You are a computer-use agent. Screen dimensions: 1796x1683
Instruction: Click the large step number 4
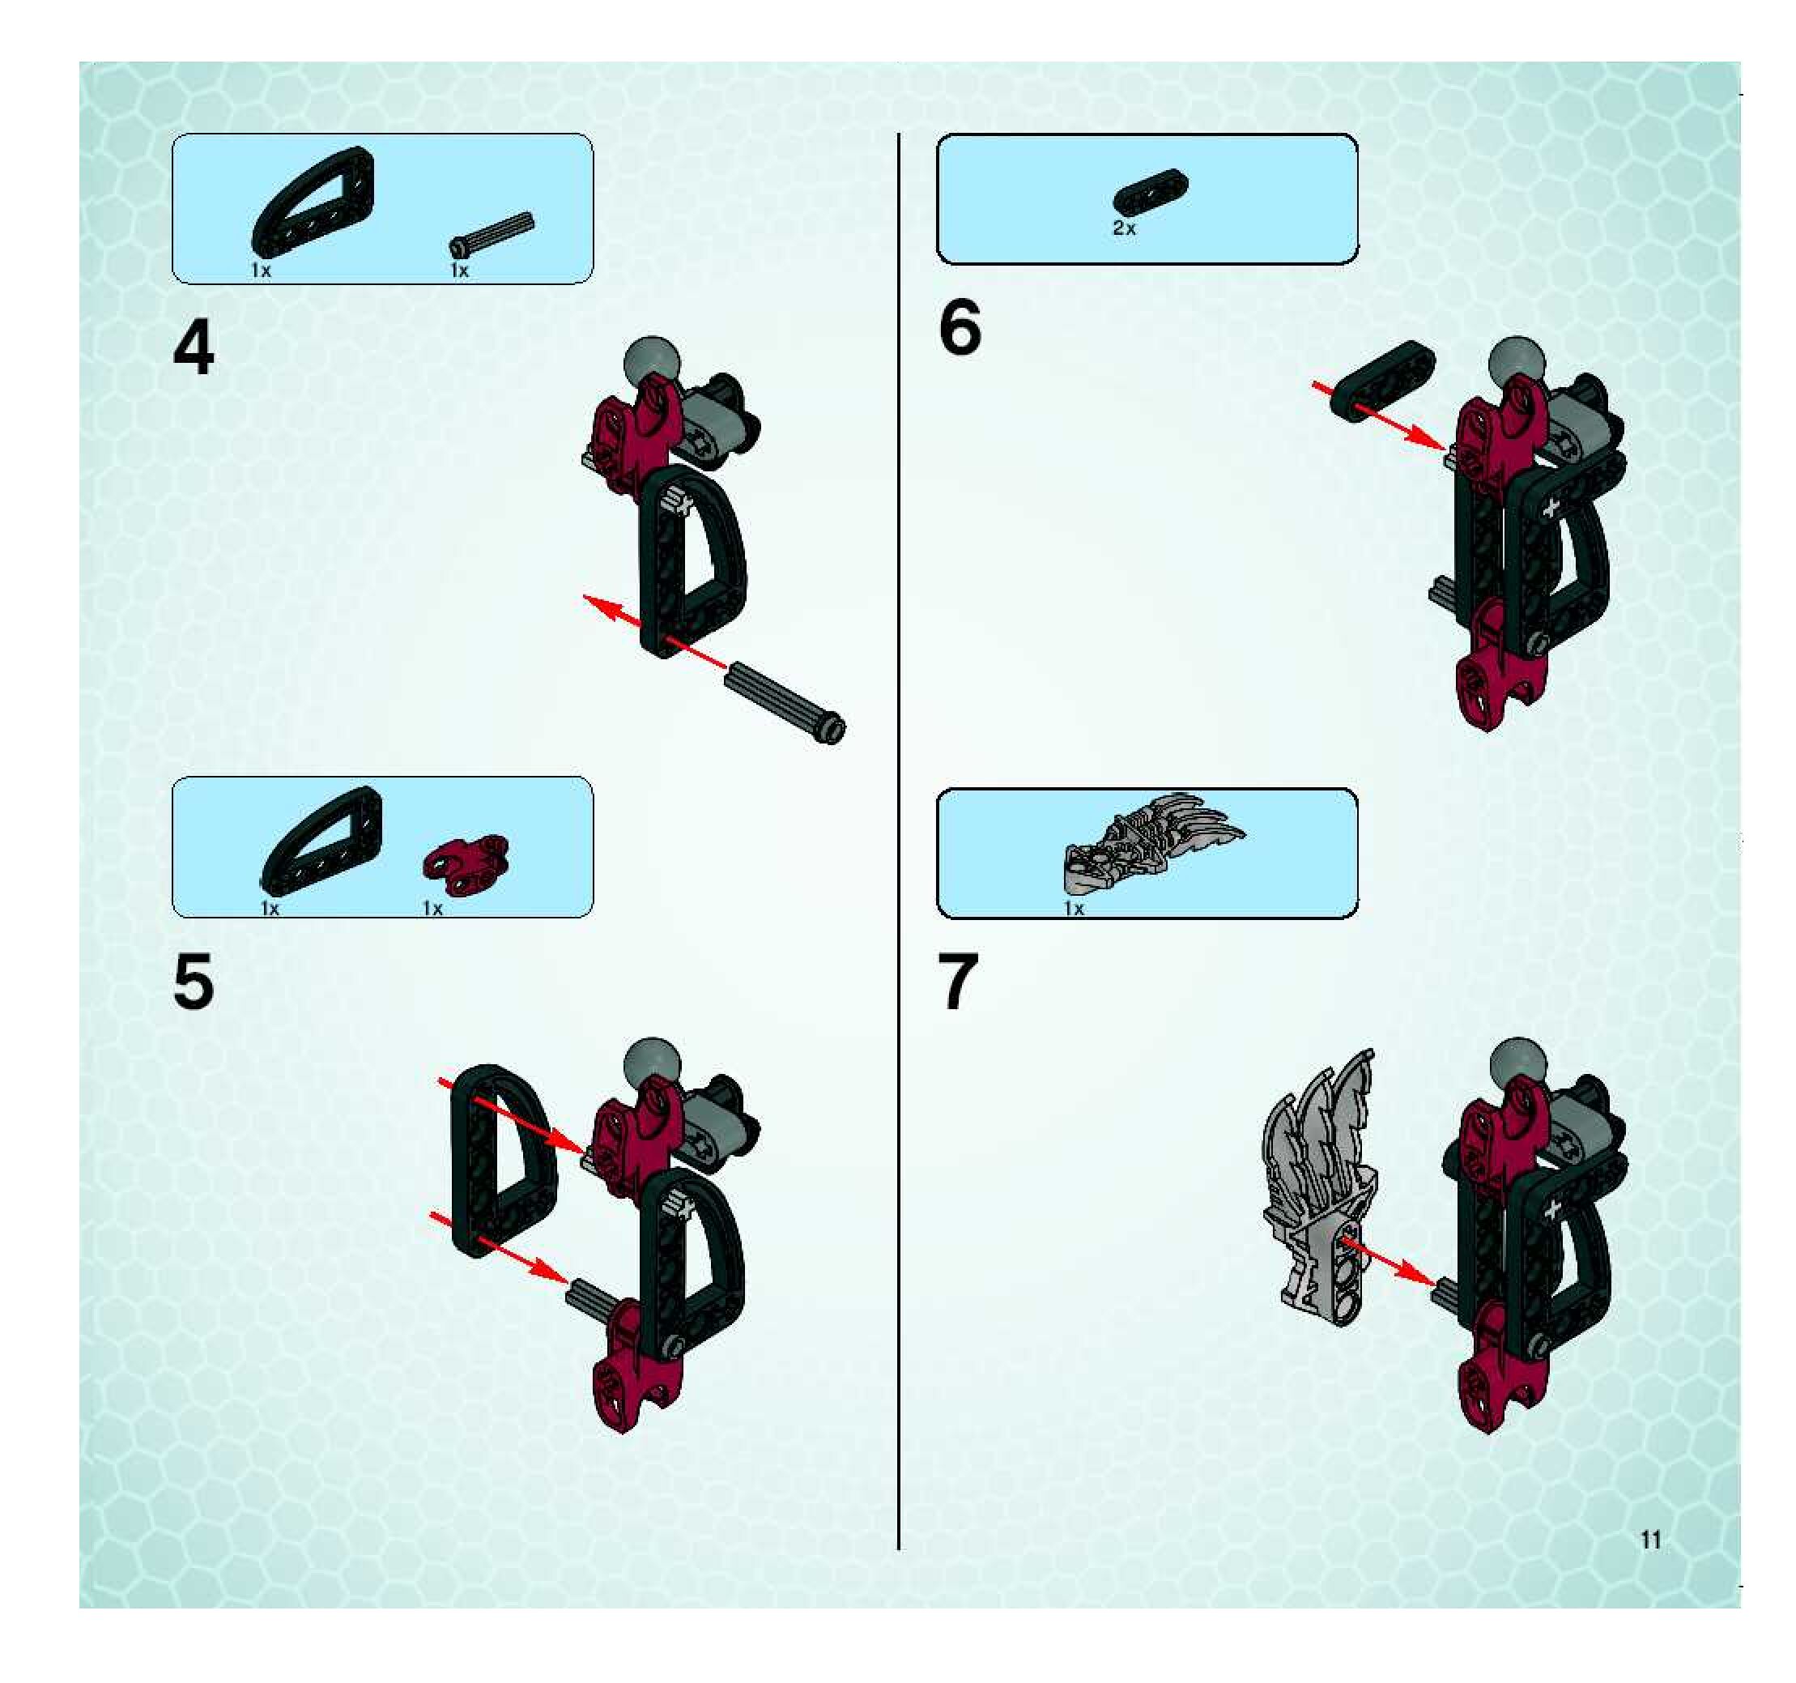point(194,349)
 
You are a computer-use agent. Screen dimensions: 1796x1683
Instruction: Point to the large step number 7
point(959,983)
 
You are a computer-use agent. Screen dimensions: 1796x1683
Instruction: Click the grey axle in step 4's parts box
point(492,234)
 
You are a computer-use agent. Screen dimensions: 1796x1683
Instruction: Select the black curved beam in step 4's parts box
point(312,200)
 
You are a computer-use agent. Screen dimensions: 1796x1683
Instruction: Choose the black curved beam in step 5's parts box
point(321,839)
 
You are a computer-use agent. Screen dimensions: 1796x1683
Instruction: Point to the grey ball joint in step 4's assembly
point(649,362)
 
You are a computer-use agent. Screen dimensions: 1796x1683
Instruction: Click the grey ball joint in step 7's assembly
point(1517,1063)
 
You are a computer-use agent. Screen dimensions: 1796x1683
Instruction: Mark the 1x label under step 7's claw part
point(1073,908)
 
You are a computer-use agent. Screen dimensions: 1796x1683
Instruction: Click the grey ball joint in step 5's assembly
point(649,1063)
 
